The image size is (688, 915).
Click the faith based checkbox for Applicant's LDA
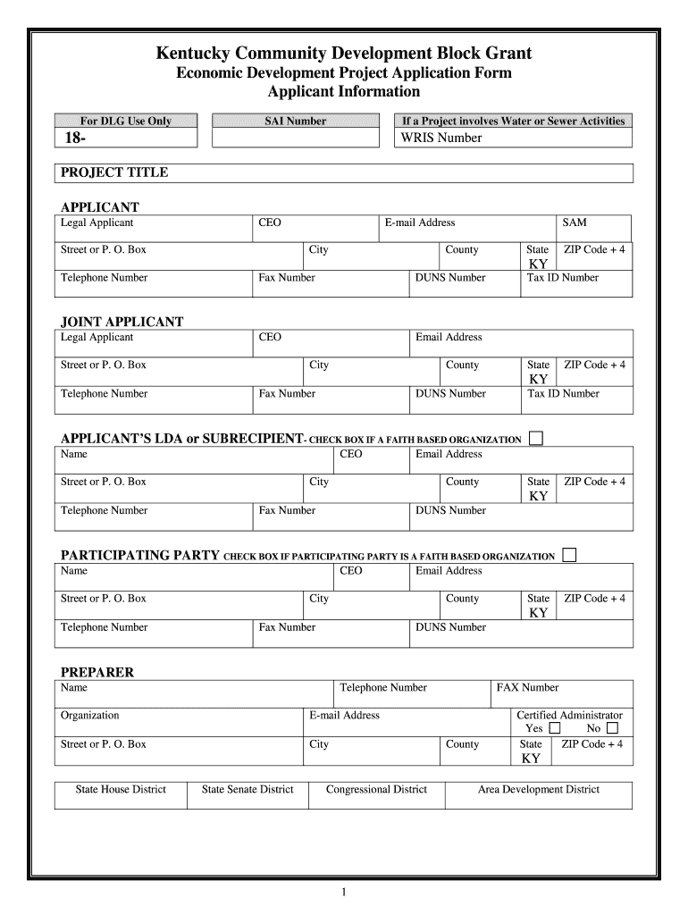pos(536,438)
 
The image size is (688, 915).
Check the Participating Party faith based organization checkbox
pos(569,555)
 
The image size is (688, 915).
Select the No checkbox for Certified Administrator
pos(612,728)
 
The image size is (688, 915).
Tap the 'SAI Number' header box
pos(296,121)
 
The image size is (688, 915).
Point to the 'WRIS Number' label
pos(441,138)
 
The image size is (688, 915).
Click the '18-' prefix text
pos(73,138)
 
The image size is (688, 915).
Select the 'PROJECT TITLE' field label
pos(114,172)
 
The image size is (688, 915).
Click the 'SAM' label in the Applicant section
pos(575,222)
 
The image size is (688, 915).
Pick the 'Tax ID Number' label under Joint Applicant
pos(563,393)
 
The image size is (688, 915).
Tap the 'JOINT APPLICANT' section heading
pos(122,322)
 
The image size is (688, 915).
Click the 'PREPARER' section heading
pos(96,672)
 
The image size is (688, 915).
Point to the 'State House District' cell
pos(121,789)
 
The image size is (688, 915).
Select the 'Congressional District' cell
pos(376,789)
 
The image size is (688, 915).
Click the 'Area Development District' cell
pos(539,789)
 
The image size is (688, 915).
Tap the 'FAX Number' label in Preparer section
pos(528,687)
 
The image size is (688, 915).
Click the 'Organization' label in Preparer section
pos(89,715)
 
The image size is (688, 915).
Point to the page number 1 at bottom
pos(344,893)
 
